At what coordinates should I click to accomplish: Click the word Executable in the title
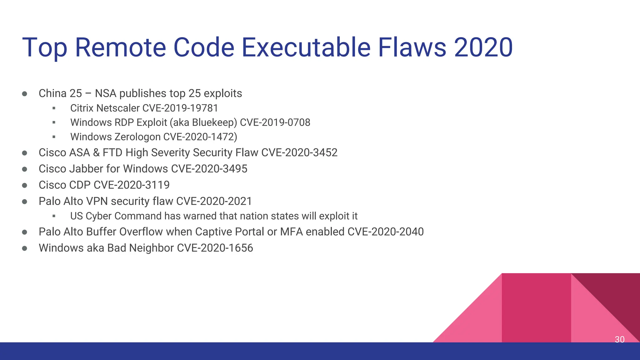tap(306, 47)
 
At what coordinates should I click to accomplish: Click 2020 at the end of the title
tap(483, 47)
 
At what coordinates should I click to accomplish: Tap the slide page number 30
tap(619, 339)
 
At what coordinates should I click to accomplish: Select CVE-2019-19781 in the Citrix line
tap(180, 108)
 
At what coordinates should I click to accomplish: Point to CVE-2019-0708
tap(275, 122)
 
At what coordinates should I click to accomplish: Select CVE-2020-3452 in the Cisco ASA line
tap(299, 152)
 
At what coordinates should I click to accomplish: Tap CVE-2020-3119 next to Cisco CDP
tap(132, 185)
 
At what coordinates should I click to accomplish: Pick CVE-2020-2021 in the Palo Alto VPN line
tap(214, 201)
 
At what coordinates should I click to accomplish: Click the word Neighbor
tap(151, 248)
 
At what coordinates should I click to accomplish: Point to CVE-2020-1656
tap(215, 248)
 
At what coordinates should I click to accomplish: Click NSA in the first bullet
tap(105, 93)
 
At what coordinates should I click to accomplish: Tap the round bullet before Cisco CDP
tap(25, 185)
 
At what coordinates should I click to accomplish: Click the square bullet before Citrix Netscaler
tap(54, 108)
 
